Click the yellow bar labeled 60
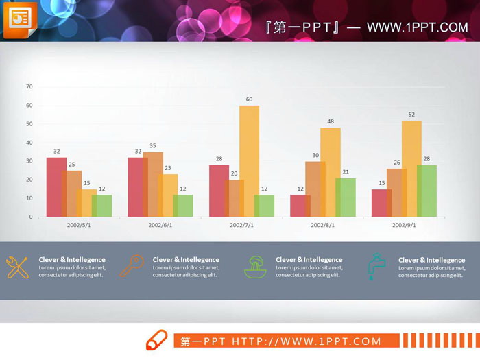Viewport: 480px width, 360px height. tap(250, 160)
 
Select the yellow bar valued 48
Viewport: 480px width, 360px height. tap(331, 171)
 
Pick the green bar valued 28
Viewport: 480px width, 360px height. tap(427, 191)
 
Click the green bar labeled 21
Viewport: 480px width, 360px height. tap(346, 197)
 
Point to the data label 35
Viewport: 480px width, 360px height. tap(152, 146)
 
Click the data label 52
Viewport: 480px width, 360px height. tap(411, 115)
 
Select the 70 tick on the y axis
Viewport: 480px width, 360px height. tap(29, 86)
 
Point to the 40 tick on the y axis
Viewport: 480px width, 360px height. tap(29, 142)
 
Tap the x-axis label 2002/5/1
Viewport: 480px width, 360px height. tap(79, 225)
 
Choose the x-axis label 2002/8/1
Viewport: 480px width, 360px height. tap(322, 225)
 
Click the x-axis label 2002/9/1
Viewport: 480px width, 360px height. tap(404, 225)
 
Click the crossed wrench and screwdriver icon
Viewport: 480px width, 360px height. tap(17, 267)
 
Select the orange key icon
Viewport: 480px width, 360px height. tap(132, 265)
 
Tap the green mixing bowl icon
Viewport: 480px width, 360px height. tap(255, 266)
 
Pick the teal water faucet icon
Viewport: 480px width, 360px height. tap(376, 266)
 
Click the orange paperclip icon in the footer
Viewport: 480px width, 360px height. tap(156, 340)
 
